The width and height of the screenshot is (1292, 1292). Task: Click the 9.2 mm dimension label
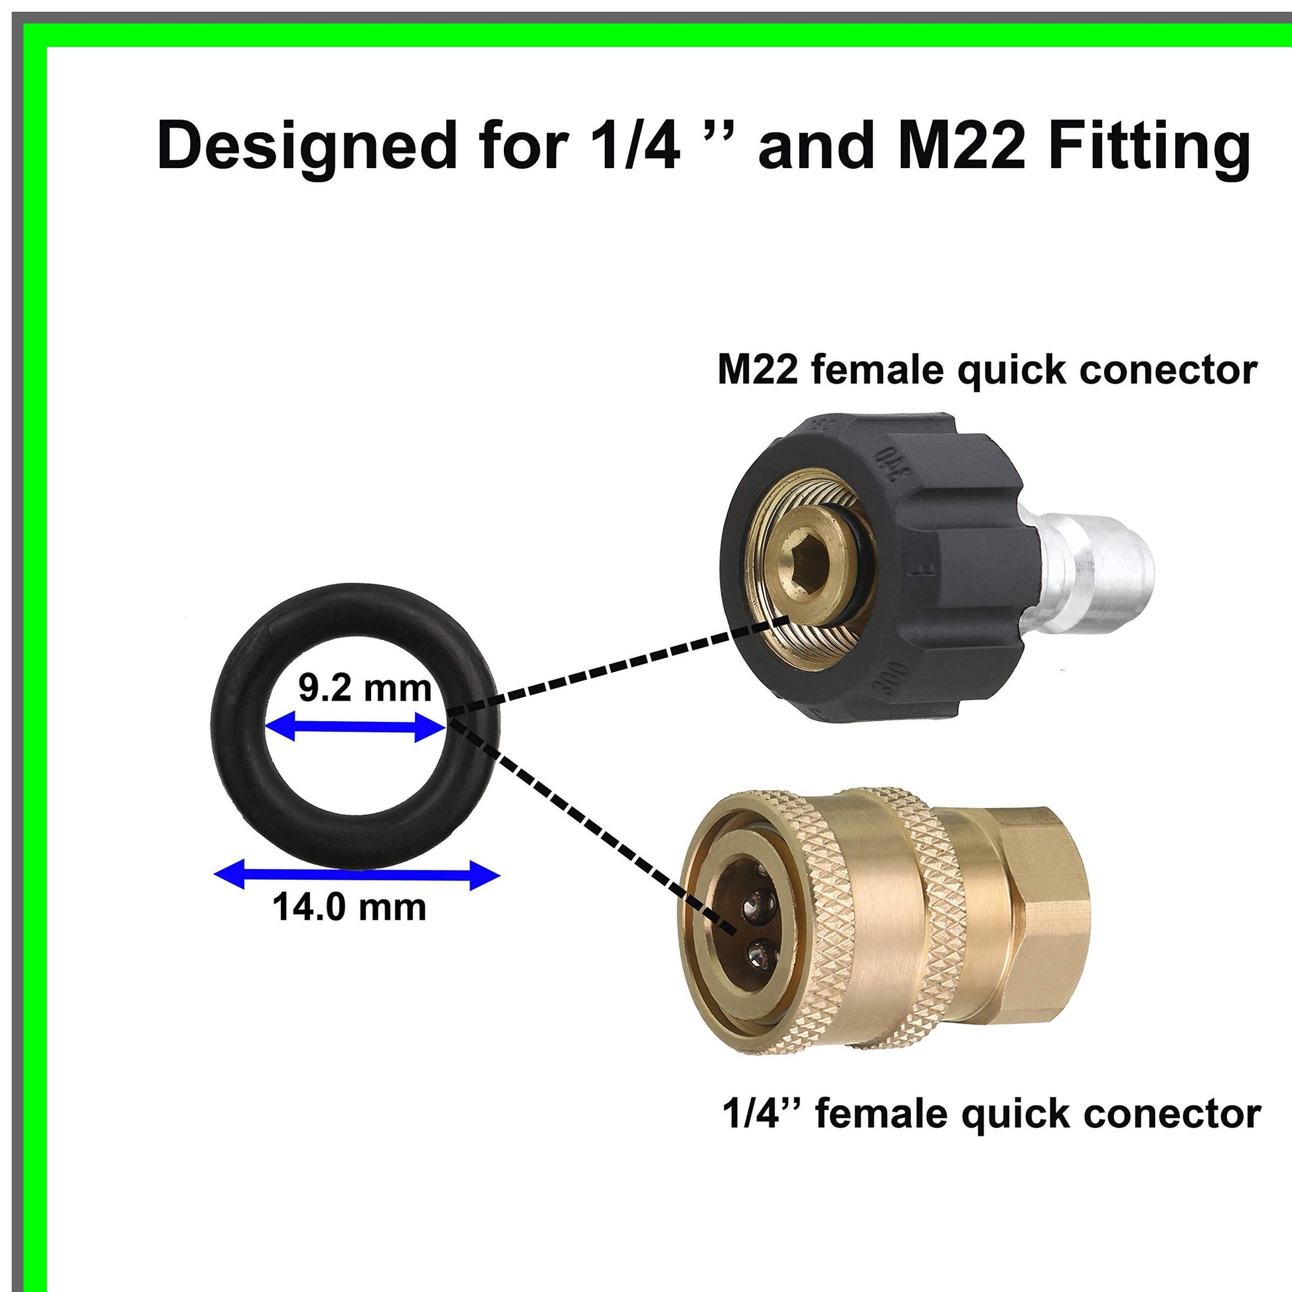[364, 688]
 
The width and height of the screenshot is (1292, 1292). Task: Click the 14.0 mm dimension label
[349, 908]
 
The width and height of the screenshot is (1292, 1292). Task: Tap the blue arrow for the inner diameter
[355, 727]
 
